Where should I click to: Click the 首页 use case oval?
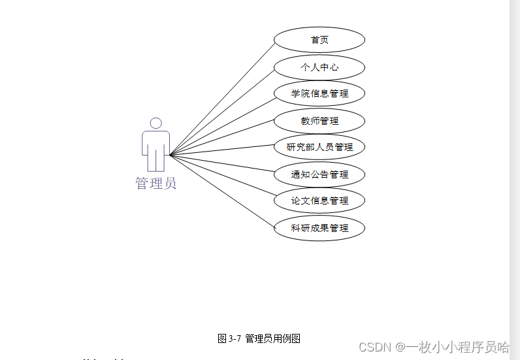pos(319,40)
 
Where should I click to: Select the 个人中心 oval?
pos(319,67)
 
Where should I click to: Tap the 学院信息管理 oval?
pos(319,93)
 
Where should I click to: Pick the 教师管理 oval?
pos(319,121)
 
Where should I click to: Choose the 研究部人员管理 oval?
pos(319,147)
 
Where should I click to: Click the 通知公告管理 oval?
pos(319,174)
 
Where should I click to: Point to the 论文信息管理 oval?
pos(319,201)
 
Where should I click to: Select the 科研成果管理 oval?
pos(319,228)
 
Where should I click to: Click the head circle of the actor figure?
pos(155,123)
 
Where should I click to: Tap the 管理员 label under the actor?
pos(155,184)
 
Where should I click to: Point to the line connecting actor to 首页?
pos(222,99)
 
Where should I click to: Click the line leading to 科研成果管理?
pos(222,191)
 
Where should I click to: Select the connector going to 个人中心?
pos(222,111)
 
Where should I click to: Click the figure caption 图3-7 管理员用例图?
pos(259,338)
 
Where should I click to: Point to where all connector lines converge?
pos(170,155)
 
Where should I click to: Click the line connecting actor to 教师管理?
pos(222,138)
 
